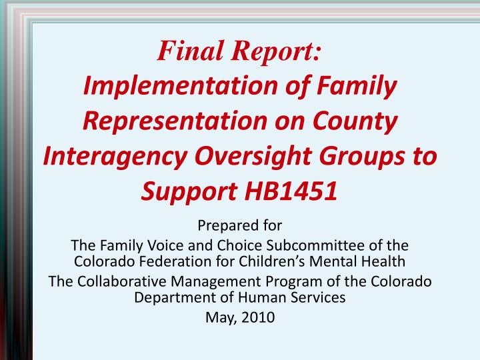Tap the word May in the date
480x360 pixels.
pyautogui.click(x=219, y=318)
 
